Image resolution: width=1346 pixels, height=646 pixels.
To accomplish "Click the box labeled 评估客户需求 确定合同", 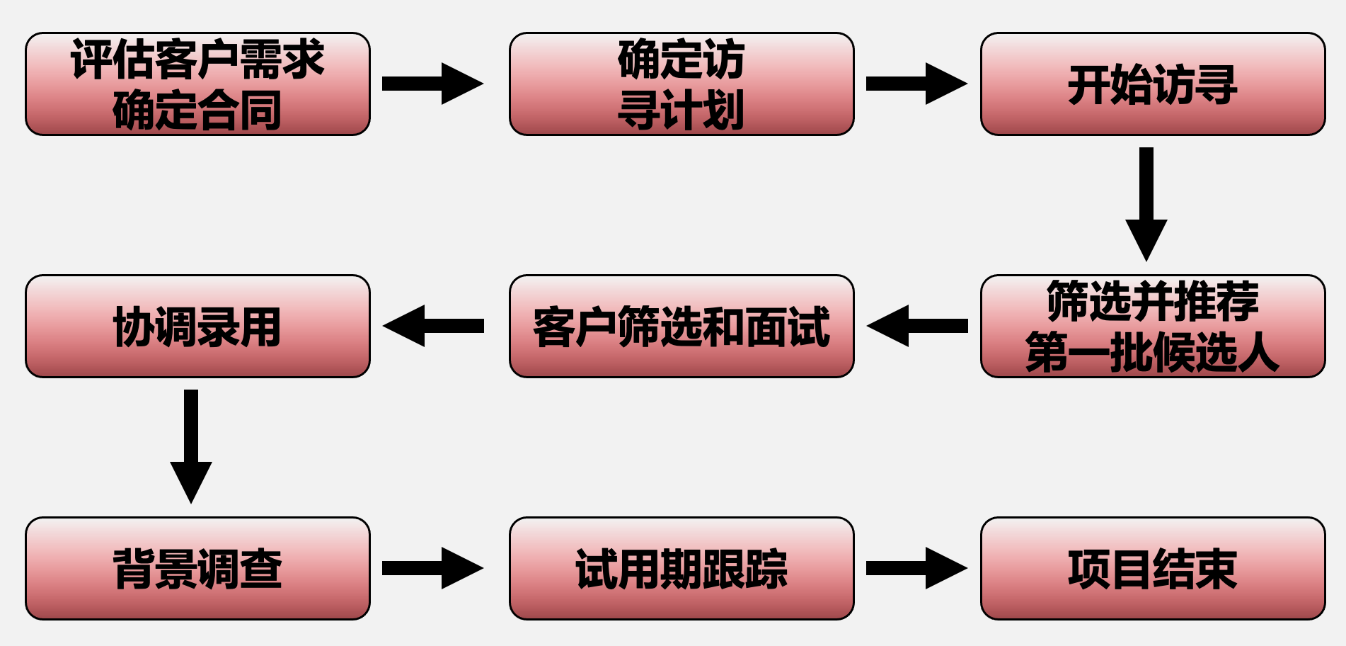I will coord(197,84).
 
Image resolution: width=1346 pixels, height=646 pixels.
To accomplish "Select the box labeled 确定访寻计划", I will coord(681,84).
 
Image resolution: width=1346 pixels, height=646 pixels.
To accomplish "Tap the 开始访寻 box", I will coord(1153,84).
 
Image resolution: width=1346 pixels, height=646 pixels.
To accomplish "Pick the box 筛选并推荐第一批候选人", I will coord(1153,326).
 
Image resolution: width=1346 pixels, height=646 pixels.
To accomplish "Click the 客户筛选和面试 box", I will coord(681,326).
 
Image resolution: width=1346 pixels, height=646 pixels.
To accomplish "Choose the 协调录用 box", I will coord(197,326).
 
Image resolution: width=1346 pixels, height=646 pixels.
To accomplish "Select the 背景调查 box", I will coord(197,568).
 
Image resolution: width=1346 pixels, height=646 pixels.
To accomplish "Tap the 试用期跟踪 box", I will coord(681,568).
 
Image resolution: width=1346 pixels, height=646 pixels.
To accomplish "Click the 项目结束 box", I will coord(1153,568).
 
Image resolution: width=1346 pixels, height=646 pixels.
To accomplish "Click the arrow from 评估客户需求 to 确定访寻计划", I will coord(432,84).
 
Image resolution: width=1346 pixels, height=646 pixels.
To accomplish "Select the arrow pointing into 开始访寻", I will coord(916,84).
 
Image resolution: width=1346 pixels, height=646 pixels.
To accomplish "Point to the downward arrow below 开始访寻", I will coord(1146,204).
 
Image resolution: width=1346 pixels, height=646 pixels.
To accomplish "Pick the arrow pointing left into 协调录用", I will coord(434,326).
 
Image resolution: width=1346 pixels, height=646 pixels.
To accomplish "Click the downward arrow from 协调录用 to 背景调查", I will coord(191,446).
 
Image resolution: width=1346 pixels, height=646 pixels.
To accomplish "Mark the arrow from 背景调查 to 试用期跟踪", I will coord(432,568).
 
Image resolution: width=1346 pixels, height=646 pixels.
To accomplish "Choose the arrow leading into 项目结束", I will coord(916,568).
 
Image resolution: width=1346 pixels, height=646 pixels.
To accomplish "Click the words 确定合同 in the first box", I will coord(197,110).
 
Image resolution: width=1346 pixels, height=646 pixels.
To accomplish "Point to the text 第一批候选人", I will coord(1153,352).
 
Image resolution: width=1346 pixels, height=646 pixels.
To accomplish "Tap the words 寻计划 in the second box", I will coord(681,110).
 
